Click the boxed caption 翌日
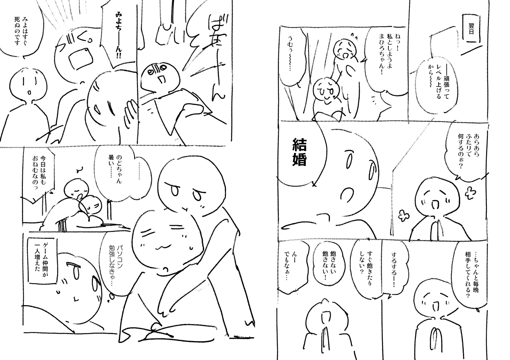[470, 29]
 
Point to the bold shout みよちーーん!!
[118, 36]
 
